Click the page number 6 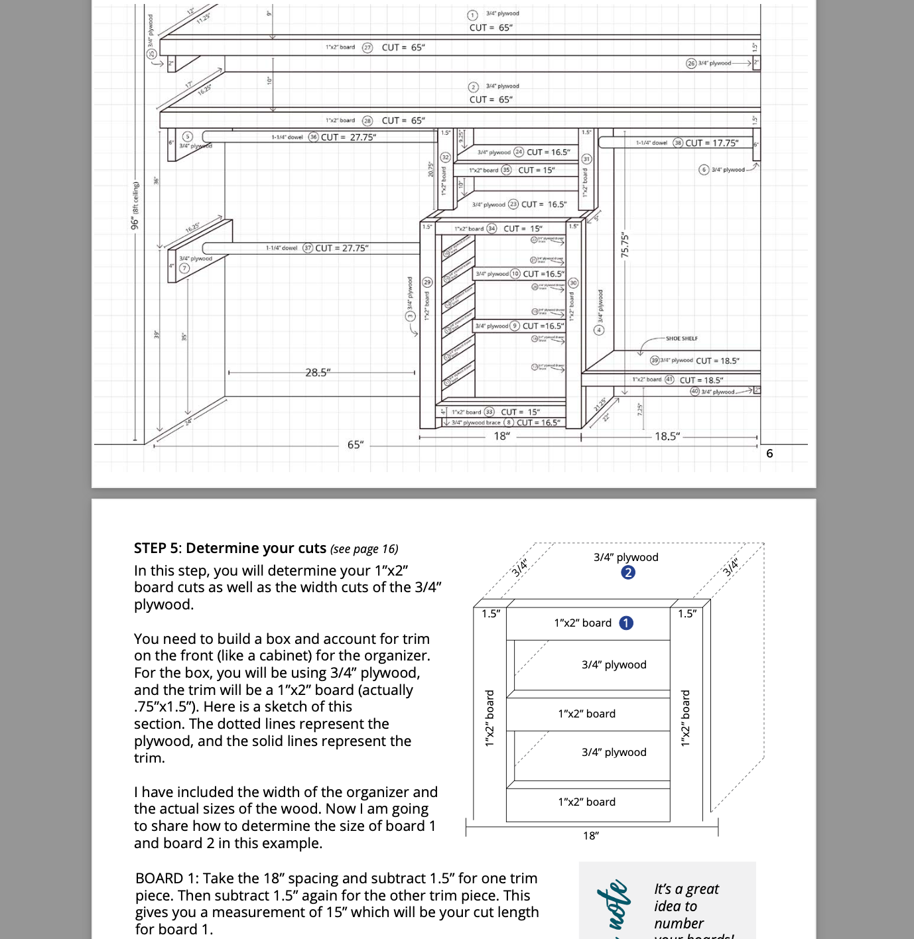click(x=769, y=454)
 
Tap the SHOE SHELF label click(x=681, y=339)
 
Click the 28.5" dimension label click(x=317, y=373)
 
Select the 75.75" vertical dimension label click(x=624, y=246)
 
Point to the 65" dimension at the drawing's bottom click(x=356, y=444)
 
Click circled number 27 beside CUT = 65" click(x=367, y=48)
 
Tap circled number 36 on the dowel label click(x=313, y=137)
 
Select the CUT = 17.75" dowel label click(x=712, y=143)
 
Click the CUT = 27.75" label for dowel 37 click(x=342, y=248)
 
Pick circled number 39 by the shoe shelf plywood click(x=655, y=361)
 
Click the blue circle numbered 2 click(x=628, y=572)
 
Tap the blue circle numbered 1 click(x=625, y=623)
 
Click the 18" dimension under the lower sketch click(x=590, y=836)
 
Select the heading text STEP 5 click(x=156, y=548)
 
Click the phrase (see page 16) click(x=364, y=549)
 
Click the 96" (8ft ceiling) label click(x=135, y=206)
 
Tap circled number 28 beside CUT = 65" click(x=367, y=121)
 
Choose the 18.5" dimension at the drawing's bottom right click(x=667, y=436)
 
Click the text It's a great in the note click(x=686, y=889)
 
